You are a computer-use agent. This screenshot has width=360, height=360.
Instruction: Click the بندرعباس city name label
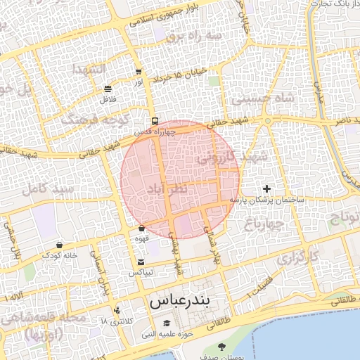click(179, 302)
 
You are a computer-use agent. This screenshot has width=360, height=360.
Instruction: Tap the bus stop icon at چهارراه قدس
click(155, 120)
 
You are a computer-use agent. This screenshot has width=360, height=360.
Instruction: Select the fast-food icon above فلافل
click(108, 89)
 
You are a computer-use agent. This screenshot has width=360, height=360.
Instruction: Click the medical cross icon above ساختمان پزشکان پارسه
click(266, 188)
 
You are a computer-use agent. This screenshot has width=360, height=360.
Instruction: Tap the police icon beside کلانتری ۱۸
click(117, 309)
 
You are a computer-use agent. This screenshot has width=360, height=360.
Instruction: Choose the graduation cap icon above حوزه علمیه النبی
click(166, 323)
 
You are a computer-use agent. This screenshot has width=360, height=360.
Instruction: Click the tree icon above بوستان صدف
click(222, 347)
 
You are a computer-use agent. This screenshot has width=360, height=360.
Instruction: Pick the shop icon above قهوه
click(142, 229)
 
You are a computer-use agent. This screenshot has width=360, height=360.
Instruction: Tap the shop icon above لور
click(139, 72)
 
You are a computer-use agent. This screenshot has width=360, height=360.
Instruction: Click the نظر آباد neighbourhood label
click(167, 188)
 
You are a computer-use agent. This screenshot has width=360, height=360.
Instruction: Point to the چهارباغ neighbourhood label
click(264, 224)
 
